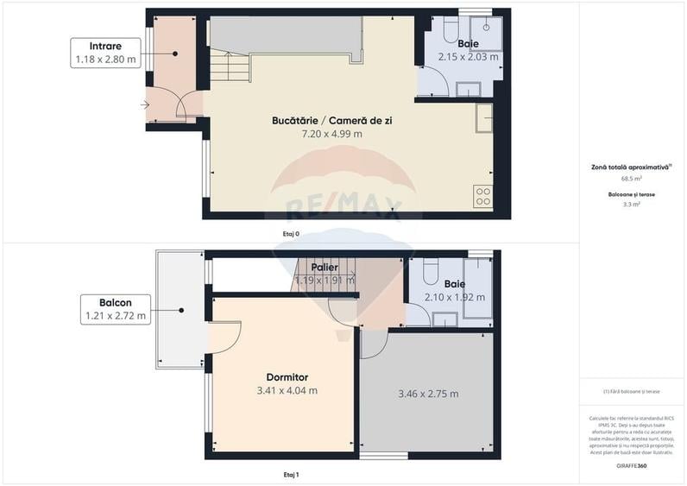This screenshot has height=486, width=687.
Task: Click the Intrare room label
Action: click(105, 46)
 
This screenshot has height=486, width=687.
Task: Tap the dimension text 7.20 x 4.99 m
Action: click(331, 134)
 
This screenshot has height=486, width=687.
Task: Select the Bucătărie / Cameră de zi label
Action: click(331, 121)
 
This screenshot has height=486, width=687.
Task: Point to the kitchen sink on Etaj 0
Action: click(483, 117)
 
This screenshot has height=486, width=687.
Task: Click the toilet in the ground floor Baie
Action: click(451, 32)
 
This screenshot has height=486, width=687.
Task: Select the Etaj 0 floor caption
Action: click(291, 234)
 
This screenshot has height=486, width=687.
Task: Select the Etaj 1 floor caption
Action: click(291, 475)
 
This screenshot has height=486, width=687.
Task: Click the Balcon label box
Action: click(115, 309)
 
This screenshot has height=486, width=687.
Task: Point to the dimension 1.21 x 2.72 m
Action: click(115, 316)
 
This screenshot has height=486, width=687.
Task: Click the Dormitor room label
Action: click(287, 377)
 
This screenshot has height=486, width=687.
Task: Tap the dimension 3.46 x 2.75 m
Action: click(428, 394)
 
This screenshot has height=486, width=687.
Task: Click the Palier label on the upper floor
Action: click(325, 268)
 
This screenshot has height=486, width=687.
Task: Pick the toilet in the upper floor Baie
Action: click(429, 270)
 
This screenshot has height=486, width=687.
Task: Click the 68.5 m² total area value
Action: click(631, 179)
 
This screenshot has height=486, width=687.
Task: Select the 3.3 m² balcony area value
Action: click(631, 205)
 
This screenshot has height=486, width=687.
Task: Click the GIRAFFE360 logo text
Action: click(631, 466)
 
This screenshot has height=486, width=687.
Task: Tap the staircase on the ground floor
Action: click(229, 66)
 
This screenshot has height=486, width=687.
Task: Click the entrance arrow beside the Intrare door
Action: click(143, 106)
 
